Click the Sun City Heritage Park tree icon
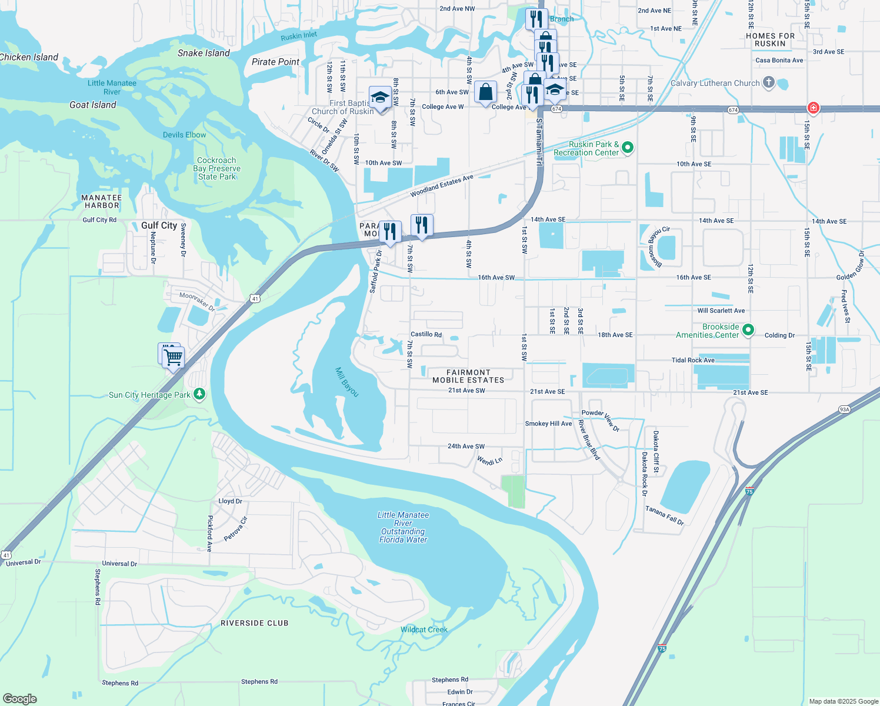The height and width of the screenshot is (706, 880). (x=199, y=394)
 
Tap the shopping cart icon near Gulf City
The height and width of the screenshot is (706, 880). (x=173, y=357)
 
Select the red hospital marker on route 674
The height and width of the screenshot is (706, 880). (x=813, y=108)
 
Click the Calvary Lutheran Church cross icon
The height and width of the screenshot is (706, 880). (x=768, y=82)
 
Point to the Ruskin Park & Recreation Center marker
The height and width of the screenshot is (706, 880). (x=628, y=147)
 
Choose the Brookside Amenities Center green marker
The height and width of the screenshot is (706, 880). (x=748, y=329)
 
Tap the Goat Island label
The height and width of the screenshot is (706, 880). (x=93, y=105)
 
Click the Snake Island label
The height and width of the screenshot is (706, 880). (x=204, y=53)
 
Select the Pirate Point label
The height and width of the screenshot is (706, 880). (x=275, y=62)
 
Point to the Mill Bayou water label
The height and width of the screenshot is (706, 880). (x=347, y=382)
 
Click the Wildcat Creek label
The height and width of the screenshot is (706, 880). (x=424, y=630)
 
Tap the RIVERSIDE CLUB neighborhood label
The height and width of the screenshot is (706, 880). (x=255, y=623)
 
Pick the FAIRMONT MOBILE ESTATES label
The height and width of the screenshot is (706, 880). (x=468, y=377)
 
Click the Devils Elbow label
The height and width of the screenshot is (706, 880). (x=185, y=135)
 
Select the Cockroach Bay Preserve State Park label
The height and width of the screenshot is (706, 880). (x=216, y=168)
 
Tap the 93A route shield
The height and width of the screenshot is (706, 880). (x=845, y=409)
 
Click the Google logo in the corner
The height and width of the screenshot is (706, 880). (x=19, y=698)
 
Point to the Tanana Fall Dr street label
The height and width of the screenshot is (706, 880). (x=665, y=515)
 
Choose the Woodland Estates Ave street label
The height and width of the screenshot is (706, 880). (x=442, y=186)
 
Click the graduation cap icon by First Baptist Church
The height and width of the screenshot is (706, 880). (x=380, y=97)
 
